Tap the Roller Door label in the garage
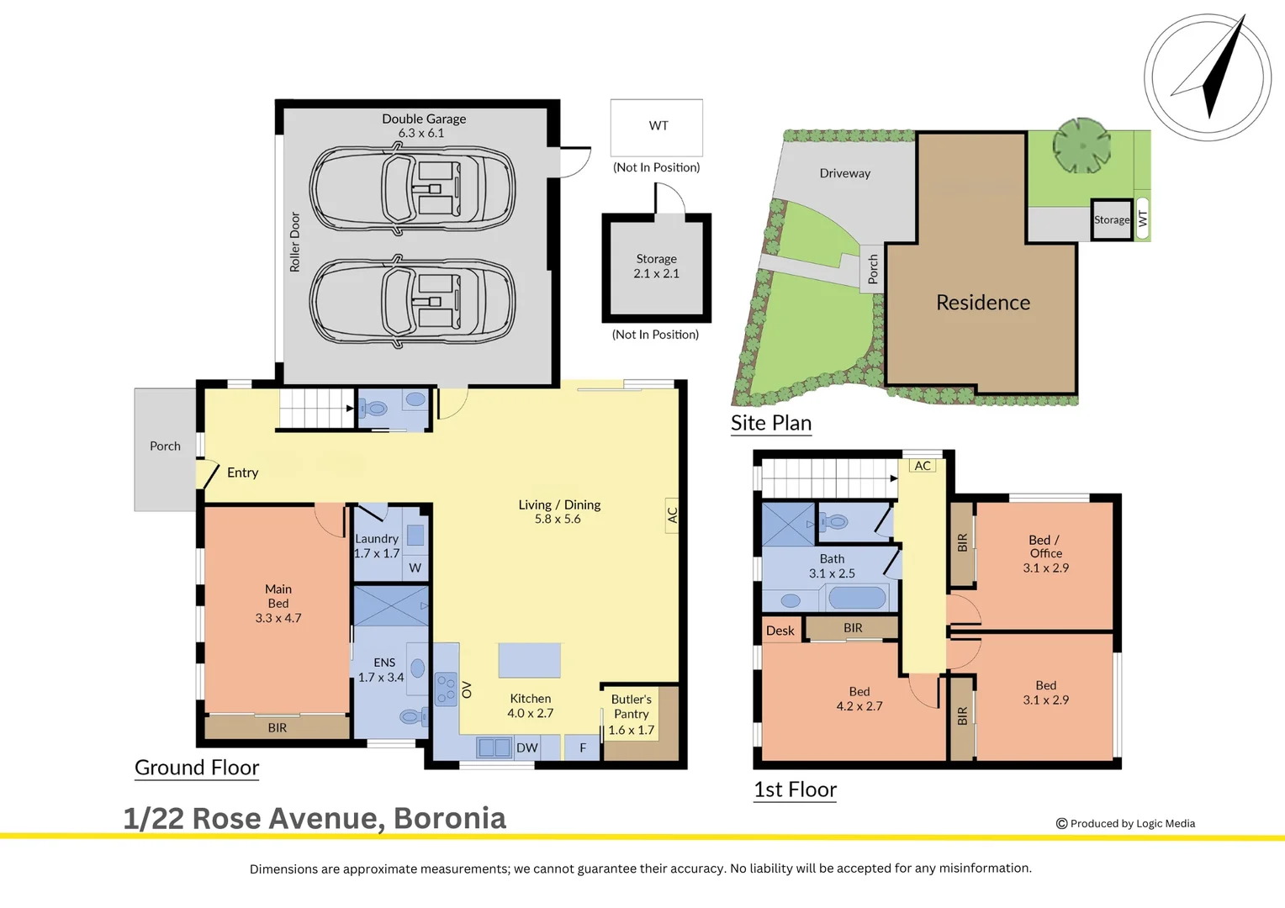point(295,241)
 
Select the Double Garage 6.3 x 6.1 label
point(423,125)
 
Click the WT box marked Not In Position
point(656,127)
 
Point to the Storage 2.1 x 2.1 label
point(656,267)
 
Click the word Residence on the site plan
point(983,303)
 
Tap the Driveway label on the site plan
point(844,173)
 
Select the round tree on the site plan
point(1081,145)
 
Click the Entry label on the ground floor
point(243,472)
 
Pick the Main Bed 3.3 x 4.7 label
point(278,604)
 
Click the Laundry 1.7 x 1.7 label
point(376,546)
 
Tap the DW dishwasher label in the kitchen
point(526,748)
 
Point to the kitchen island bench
point(529,660)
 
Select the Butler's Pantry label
point(631,714)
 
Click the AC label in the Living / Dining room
point(672,515)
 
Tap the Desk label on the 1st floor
point(780,631)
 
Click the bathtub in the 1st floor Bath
point(857,598)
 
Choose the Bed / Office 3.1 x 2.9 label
point(1045,553)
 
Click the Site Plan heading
point(771,423)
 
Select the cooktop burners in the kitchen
point(446,689)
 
